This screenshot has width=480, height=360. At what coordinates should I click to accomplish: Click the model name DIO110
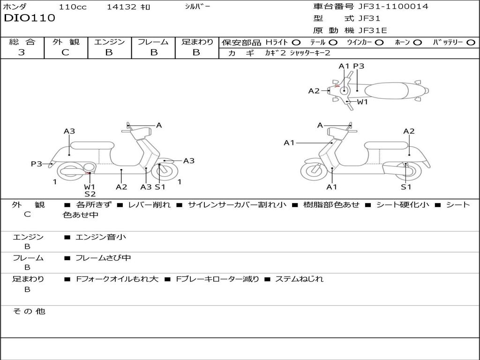click(x=30, y=18)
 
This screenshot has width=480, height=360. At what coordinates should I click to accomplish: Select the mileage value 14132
click(x=121, y=7)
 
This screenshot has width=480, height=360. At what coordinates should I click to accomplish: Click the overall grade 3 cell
click(x=22, y=52)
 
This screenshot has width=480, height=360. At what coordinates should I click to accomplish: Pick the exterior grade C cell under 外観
click(x=66, y=52)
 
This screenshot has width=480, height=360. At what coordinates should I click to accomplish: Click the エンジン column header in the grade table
click(x=109, y=42)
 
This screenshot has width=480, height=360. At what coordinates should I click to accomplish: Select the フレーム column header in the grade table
click(x=153, y=42)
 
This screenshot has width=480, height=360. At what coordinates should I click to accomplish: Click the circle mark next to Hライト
click(x=296, y=43)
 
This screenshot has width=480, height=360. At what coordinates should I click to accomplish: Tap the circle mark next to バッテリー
click(x=471, y=43)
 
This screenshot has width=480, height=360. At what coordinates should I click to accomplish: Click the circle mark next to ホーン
click(x=417, y=43)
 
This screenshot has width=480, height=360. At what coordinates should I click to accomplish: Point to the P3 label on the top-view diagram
click(x=359, y=66)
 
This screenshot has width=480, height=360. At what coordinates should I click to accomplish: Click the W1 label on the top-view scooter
click(x=362, y=102)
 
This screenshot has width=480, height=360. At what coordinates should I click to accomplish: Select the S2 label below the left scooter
click(x=90, y=194)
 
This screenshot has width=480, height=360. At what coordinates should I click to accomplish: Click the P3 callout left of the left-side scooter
click(x=37, y=164)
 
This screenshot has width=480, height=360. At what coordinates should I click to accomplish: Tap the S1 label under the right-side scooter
click(x=406, y=187)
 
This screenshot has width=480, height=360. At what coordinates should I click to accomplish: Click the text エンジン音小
click(x=101, y=237)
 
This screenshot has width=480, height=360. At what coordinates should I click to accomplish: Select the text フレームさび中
click(x=103, y=258)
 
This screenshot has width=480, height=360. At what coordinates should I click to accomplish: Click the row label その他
click(x=29, y=311)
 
